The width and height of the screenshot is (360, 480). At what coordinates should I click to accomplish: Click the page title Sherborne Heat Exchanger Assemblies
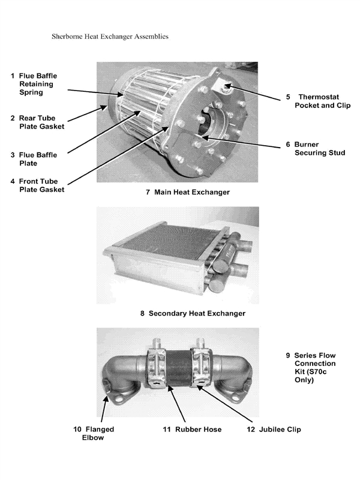(110, 37)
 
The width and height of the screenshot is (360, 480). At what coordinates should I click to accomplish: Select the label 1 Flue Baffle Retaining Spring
(37, 85)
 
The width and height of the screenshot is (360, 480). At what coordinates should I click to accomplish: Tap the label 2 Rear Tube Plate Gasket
(37, 122)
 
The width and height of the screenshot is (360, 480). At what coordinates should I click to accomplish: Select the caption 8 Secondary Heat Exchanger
(193, 313)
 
